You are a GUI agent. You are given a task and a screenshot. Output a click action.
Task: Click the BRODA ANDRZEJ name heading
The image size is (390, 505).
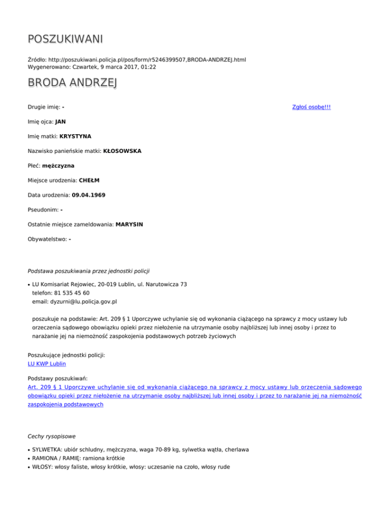(x=72, y=83)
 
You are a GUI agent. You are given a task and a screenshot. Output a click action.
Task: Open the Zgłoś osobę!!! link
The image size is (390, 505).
(x=312, y=107)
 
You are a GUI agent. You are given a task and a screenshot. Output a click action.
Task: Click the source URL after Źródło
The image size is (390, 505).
(x=151, y=59)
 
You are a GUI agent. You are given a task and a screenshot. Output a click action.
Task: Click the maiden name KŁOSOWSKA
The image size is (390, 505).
(x=122, y=151)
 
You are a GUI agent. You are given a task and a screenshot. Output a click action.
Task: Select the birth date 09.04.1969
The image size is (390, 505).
(x=89, y=195)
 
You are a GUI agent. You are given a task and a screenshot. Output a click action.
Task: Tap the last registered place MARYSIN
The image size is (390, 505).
(x=129, y=224)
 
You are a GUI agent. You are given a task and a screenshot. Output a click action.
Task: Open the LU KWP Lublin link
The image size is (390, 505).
(x=47, y=364)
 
